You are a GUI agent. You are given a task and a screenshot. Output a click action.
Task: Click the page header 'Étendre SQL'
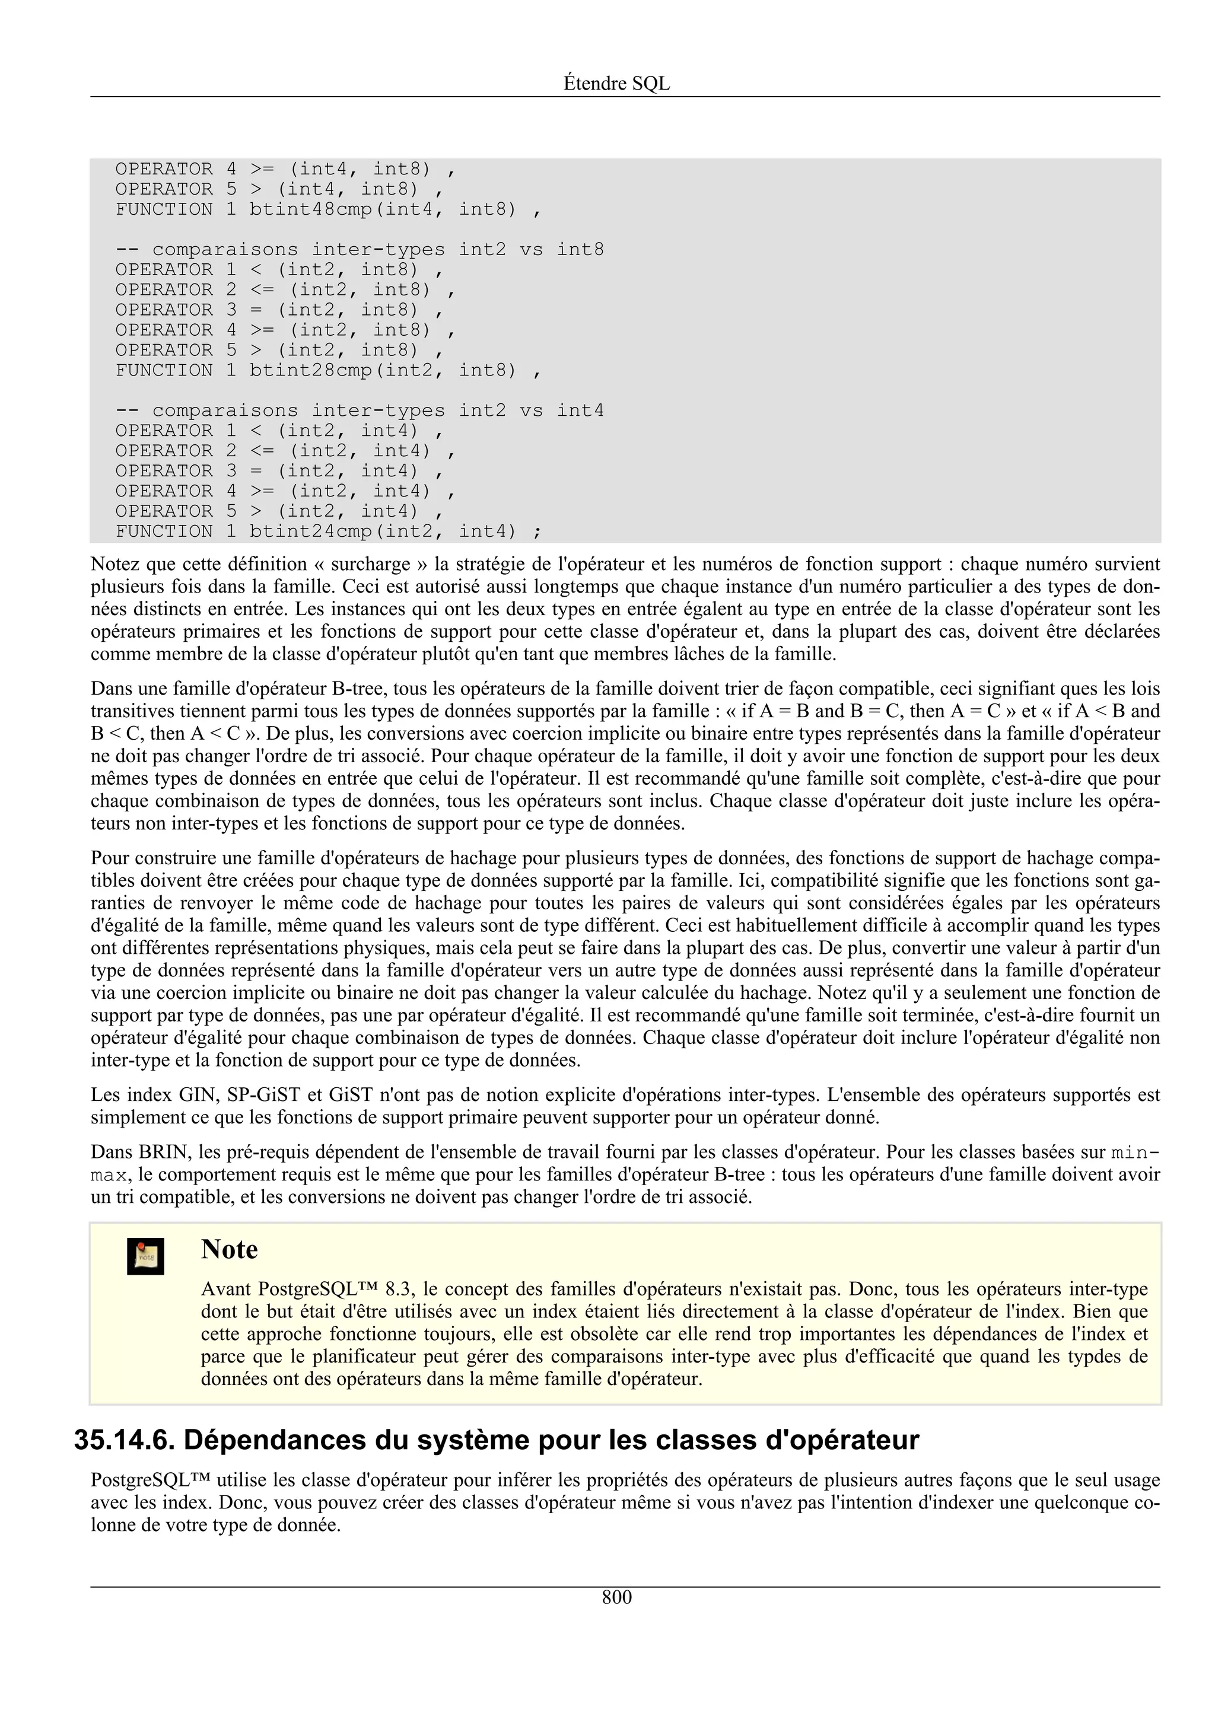point(616,84)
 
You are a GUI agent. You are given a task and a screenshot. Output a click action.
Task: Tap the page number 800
point(616,1597)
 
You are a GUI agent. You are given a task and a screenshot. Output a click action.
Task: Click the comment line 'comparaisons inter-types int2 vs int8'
point(360,249)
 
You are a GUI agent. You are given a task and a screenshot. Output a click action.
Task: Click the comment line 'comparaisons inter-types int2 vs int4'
point(360,410)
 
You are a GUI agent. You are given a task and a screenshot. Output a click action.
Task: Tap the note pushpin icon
point(145,1256)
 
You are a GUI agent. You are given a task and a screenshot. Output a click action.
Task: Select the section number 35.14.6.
point(123,1440)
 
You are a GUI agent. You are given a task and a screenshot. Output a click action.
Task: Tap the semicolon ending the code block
point(537,531)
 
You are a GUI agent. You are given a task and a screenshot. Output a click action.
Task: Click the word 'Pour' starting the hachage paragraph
point(109,858)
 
